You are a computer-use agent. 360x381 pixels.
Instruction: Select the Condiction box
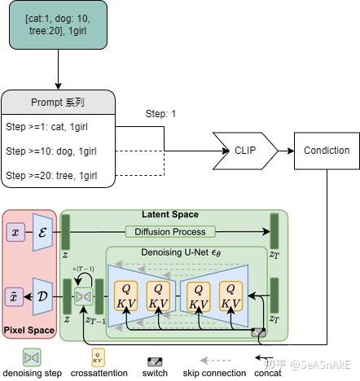[326, 150]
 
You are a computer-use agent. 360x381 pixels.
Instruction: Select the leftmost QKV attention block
[126, 298]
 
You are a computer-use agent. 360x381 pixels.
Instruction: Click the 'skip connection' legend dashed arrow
[222, 360]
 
